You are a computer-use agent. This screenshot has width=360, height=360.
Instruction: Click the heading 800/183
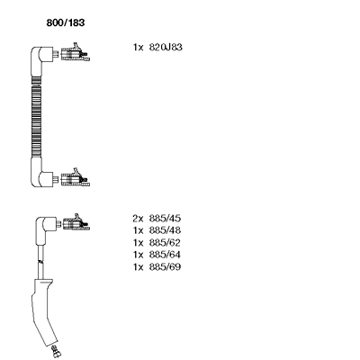click(x=66, y=22)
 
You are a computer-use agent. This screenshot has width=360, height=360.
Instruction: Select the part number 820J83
click(x=166, y=48)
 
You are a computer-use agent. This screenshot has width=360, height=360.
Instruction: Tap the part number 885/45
click(x=165, y=219)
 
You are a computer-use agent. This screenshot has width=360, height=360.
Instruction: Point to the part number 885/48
click(x=165, y=230)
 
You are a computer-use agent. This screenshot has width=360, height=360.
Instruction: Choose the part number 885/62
click(x=165, y=242)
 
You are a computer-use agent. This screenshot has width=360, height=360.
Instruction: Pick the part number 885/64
click(x=165, y=255)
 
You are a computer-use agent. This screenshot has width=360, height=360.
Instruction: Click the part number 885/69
click(x=165, y=266)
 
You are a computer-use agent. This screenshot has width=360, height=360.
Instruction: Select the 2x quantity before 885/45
click(x=139, y=219)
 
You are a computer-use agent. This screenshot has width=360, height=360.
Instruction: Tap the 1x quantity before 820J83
click(x=139, y=48)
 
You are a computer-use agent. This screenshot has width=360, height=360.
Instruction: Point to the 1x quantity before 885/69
click(x=139, y=266)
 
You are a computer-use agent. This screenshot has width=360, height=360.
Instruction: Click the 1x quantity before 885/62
click(x=139, y=242)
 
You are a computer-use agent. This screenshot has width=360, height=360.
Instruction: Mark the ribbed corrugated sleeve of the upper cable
click(x=36, y=117)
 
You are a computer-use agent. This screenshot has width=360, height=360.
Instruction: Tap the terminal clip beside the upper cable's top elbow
click(x=75, y=53)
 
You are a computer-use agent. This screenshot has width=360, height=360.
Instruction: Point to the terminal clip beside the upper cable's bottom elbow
click(x=75, y=178)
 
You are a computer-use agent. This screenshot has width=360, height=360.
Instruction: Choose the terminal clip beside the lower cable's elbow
click(x=76, y=223)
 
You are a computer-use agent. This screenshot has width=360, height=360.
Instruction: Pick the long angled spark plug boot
click(x=42, y=312)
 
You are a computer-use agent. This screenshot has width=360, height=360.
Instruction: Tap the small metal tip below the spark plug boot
click(x=56, y=351)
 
